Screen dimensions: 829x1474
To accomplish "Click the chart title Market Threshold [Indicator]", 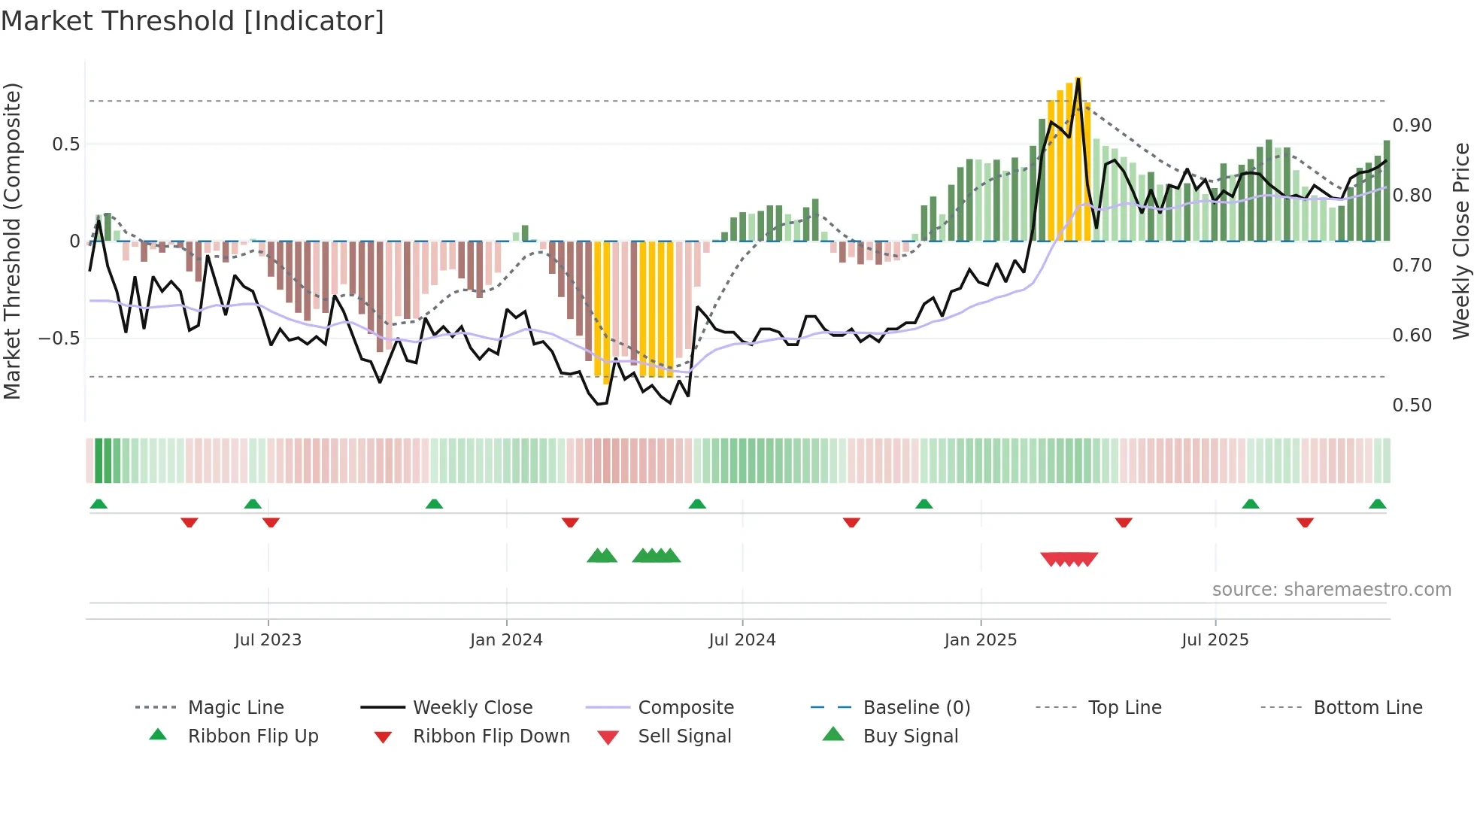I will (x=193, y=21).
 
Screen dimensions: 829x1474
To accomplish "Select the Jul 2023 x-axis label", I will (x=268, y=640).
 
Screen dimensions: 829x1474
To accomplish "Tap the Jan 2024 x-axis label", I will (x=506, y=640).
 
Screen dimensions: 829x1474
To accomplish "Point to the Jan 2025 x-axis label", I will (x=981, y=640).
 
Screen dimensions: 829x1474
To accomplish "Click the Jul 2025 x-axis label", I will (x=1215, y=640).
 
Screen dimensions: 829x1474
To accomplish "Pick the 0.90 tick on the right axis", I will (x=1412, y=126).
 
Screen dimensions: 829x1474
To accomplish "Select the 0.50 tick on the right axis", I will (x=1412, y=405).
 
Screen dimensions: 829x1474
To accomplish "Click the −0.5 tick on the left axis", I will (x=59, y=339).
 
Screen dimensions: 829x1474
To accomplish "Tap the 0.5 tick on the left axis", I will (x=65, y=144).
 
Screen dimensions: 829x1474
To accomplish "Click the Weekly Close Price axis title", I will (x=1460, y=241).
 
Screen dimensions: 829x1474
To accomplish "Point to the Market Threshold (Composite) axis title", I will (x=12, y=241).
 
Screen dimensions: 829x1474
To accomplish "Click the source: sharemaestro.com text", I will (x=1331, y=590).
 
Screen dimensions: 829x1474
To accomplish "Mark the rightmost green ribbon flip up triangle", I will (x=1377, y=504).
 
